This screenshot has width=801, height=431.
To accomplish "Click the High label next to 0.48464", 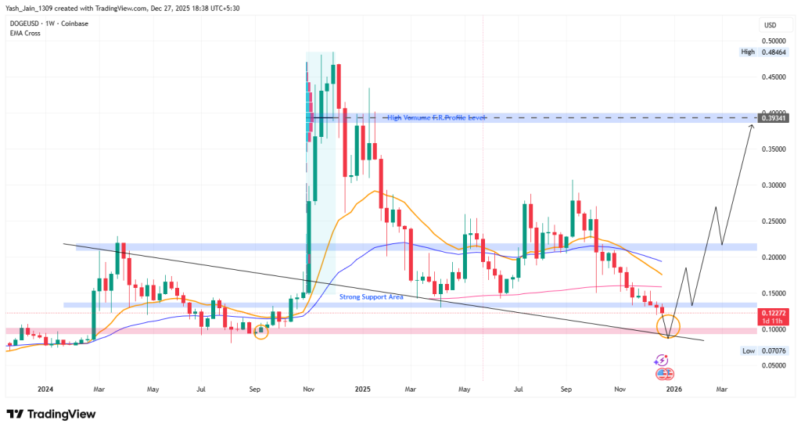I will click(748, 52).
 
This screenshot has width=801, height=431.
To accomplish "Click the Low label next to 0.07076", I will click(748, 352).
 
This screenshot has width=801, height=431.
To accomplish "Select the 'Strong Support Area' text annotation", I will click(371, 296).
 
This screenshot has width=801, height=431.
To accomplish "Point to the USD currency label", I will click(769, 25).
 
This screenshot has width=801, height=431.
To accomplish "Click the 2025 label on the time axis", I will click(361, 388).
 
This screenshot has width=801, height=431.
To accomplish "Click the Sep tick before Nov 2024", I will click(254, 388).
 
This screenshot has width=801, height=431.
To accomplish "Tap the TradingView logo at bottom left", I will click(50, 414).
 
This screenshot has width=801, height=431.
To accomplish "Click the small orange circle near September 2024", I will click(261, 332).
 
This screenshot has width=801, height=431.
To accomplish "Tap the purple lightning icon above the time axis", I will click(662, 360).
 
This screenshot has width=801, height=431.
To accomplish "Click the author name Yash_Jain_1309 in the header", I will click(34, 7).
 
